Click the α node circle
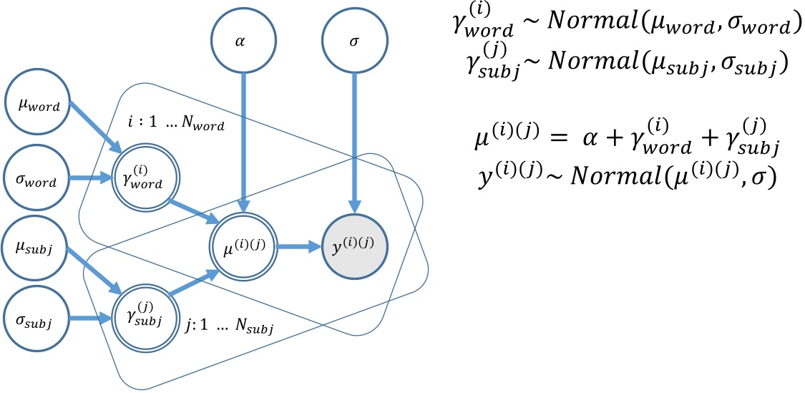tap(244, 40)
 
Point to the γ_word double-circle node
tap(141, 178)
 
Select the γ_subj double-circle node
tap(141, 317)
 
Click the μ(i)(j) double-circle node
tap(244, 247)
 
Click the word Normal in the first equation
tap(592, 26)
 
